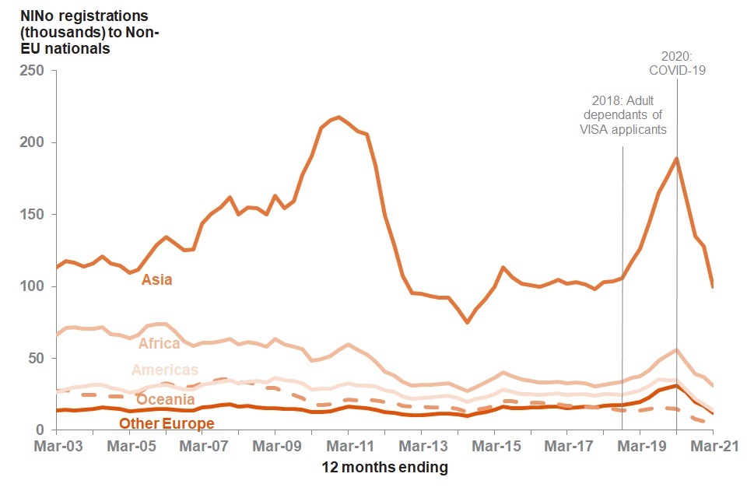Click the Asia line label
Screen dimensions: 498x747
click(x=156, y=279)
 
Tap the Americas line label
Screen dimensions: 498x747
click(x=165, y=370)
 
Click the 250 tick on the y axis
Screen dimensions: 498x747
click(x=33, y=71)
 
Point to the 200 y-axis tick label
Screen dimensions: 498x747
click(x=33, y=142)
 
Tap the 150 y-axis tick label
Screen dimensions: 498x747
click(x=33, y=215)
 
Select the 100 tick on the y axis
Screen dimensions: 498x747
click(x=33, y=286)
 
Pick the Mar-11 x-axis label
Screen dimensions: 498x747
click(x=347, y=447)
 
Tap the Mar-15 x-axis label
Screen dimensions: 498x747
click(x=495, y=447)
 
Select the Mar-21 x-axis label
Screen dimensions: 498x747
click(x=712, y=447)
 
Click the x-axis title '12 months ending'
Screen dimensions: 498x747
click(x=385, y=467)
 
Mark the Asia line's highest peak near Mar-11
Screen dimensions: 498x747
click(x=338, y=117)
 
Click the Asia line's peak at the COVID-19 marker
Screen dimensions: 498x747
click(x=676, y=158)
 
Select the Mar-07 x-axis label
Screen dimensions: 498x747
click(x=202, y=447)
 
